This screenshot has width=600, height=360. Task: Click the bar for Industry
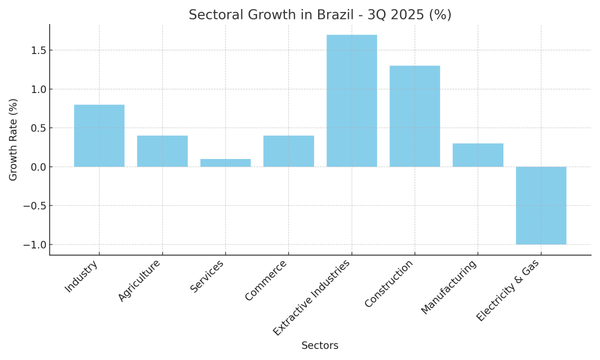coord(99,135)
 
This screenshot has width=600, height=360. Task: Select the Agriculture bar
coord(162,151)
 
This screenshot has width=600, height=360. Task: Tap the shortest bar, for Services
coord(225,162)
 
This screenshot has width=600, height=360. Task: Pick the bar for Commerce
coord(288,151)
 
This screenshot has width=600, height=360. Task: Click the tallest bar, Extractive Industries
coord(351,100)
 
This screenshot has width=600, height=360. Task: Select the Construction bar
coord(414,116)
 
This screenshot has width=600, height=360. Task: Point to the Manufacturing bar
coord(477,155)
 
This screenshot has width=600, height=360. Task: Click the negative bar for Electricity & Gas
coord(541,205)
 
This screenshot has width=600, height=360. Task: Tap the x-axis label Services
coord(207,276)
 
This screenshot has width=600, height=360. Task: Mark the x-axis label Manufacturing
coord(449,287)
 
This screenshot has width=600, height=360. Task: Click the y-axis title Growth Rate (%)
coord(13,139)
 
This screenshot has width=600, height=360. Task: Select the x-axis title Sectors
coord(320,345)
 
